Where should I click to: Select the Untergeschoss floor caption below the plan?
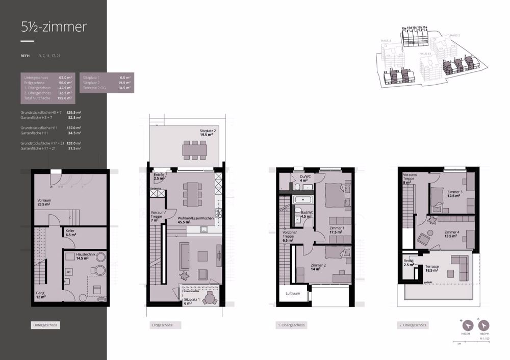pos(45,325)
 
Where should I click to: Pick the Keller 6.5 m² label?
pos(71,233)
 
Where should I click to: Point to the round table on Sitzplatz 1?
pos(209,299)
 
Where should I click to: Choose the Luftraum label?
pos(294,294)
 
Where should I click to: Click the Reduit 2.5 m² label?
pos(409,263)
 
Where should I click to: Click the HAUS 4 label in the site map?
pos(386,40)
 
